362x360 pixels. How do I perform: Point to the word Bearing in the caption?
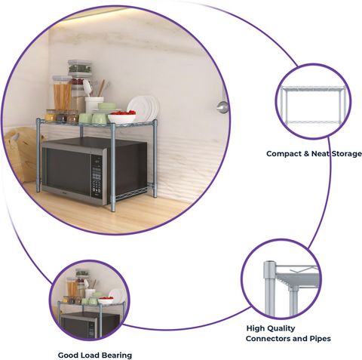[x=117, y=355]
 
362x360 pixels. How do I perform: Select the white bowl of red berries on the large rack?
[x=122, y=117]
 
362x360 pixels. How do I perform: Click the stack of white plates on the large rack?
[x=144, y=108]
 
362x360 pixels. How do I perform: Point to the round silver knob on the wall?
[x=222, y=107]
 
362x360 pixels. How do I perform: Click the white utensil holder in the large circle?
[x=94, y=105]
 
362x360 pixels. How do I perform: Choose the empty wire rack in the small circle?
[x=313, y=105]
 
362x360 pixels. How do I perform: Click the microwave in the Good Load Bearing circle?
[x=89, y=325]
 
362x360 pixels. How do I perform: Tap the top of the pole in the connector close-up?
[x=270, y=263]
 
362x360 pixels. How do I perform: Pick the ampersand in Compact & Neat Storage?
[x=306, y=154]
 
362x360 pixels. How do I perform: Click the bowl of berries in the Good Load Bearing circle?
[x=106, y=300]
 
